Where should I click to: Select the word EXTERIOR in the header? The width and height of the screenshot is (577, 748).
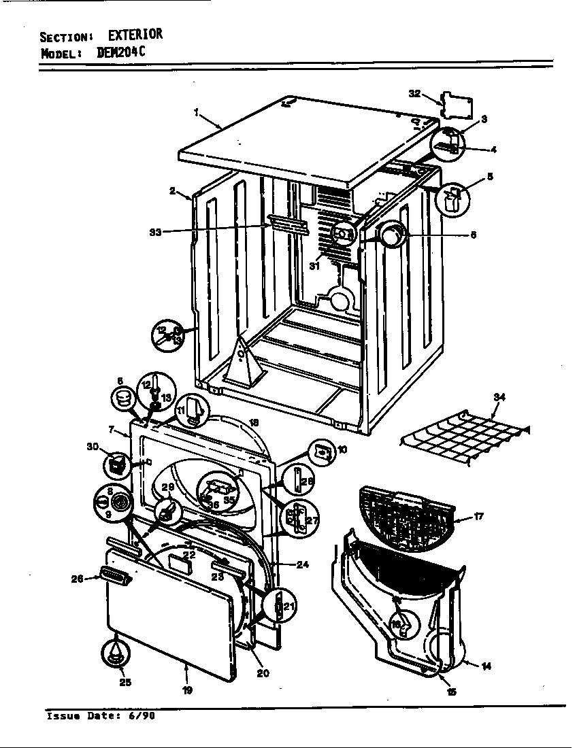tap(135, 35)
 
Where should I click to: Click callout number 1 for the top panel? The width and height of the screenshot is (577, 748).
tap(196, 114)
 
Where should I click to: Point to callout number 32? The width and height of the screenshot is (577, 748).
tap(414, 94)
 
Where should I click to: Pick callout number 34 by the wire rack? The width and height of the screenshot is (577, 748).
tap(499, 396)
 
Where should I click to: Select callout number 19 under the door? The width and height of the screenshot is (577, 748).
tap(187, 690)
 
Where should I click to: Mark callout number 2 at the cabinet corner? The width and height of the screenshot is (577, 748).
tap(174, 191)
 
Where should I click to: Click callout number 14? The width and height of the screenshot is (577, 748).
tap(486, 666)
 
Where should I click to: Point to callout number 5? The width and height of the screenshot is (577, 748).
tap(489, 177)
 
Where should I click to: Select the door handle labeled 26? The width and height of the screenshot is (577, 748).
tap(115, 577)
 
